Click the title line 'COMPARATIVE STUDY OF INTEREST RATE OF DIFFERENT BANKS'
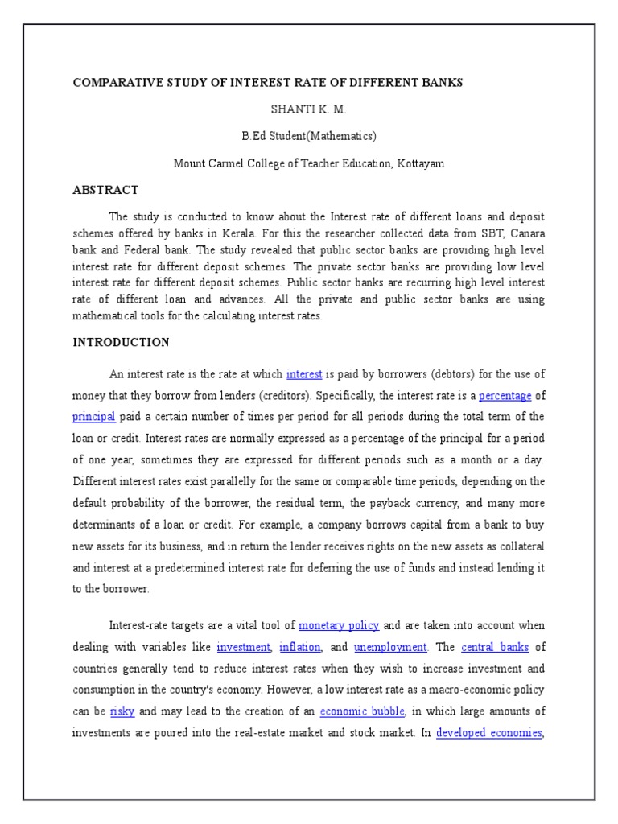click(268, 83)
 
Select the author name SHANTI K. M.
click(308, 109)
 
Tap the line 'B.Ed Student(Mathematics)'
click(309, 135)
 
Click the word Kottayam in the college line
click(418, 163)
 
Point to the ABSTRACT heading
click(105, 190)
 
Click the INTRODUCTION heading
click(121, 342)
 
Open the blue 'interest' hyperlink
click(304, 374)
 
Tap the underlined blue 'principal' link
click(94, 417)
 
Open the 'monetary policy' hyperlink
click(339, 625)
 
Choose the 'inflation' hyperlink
click(300, 647)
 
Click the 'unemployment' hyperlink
click(390, 647)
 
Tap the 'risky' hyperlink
click(122, 711)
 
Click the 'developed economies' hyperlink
click(488, 733)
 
